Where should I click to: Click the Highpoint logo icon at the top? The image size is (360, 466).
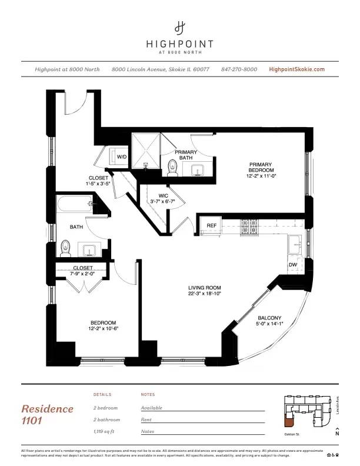point(180,27)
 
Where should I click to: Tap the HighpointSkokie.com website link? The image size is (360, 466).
point(296,69)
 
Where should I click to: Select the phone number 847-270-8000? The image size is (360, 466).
point(239,69)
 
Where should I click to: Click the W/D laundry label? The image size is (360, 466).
point(122,157)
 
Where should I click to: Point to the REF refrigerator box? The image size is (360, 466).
point(211,225)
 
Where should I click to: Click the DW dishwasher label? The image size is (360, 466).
point(292,265)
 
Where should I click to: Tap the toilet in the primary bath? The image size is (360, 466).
point(172,168)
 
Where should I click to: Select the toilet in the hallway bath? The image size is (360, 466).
point(65,248)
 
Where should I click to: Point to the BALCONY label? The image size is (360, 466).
point(269,318)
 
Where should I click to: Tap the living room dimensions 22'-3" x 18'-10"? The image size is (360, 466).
point(204,294)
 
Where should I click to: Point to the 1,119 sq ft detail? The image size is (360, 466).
point(106,431)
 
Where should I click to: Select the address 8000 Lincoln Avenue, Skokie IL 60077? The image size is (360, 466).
point(161,69)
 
